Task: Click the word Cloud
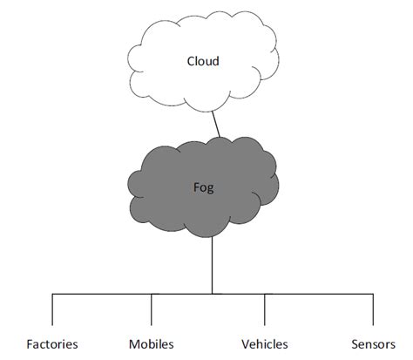pos(202,61)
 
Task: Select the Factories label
pos(52,343)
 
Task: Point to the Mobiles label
pos(151,343)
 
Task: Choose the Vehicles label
pos(264,343)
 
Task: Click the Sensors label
pos(373,343)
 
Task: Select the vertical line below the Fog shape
pos(213,266)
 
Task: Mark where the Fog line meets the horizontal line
pos(213,294)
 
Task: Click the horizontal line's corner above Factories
pos(52,294)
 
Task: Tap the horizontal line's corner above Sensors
pos(373,294)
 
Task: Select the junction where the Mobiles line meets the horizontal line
pos(152,294)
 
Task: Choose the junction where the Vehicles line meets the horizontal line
pos(265,294)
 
